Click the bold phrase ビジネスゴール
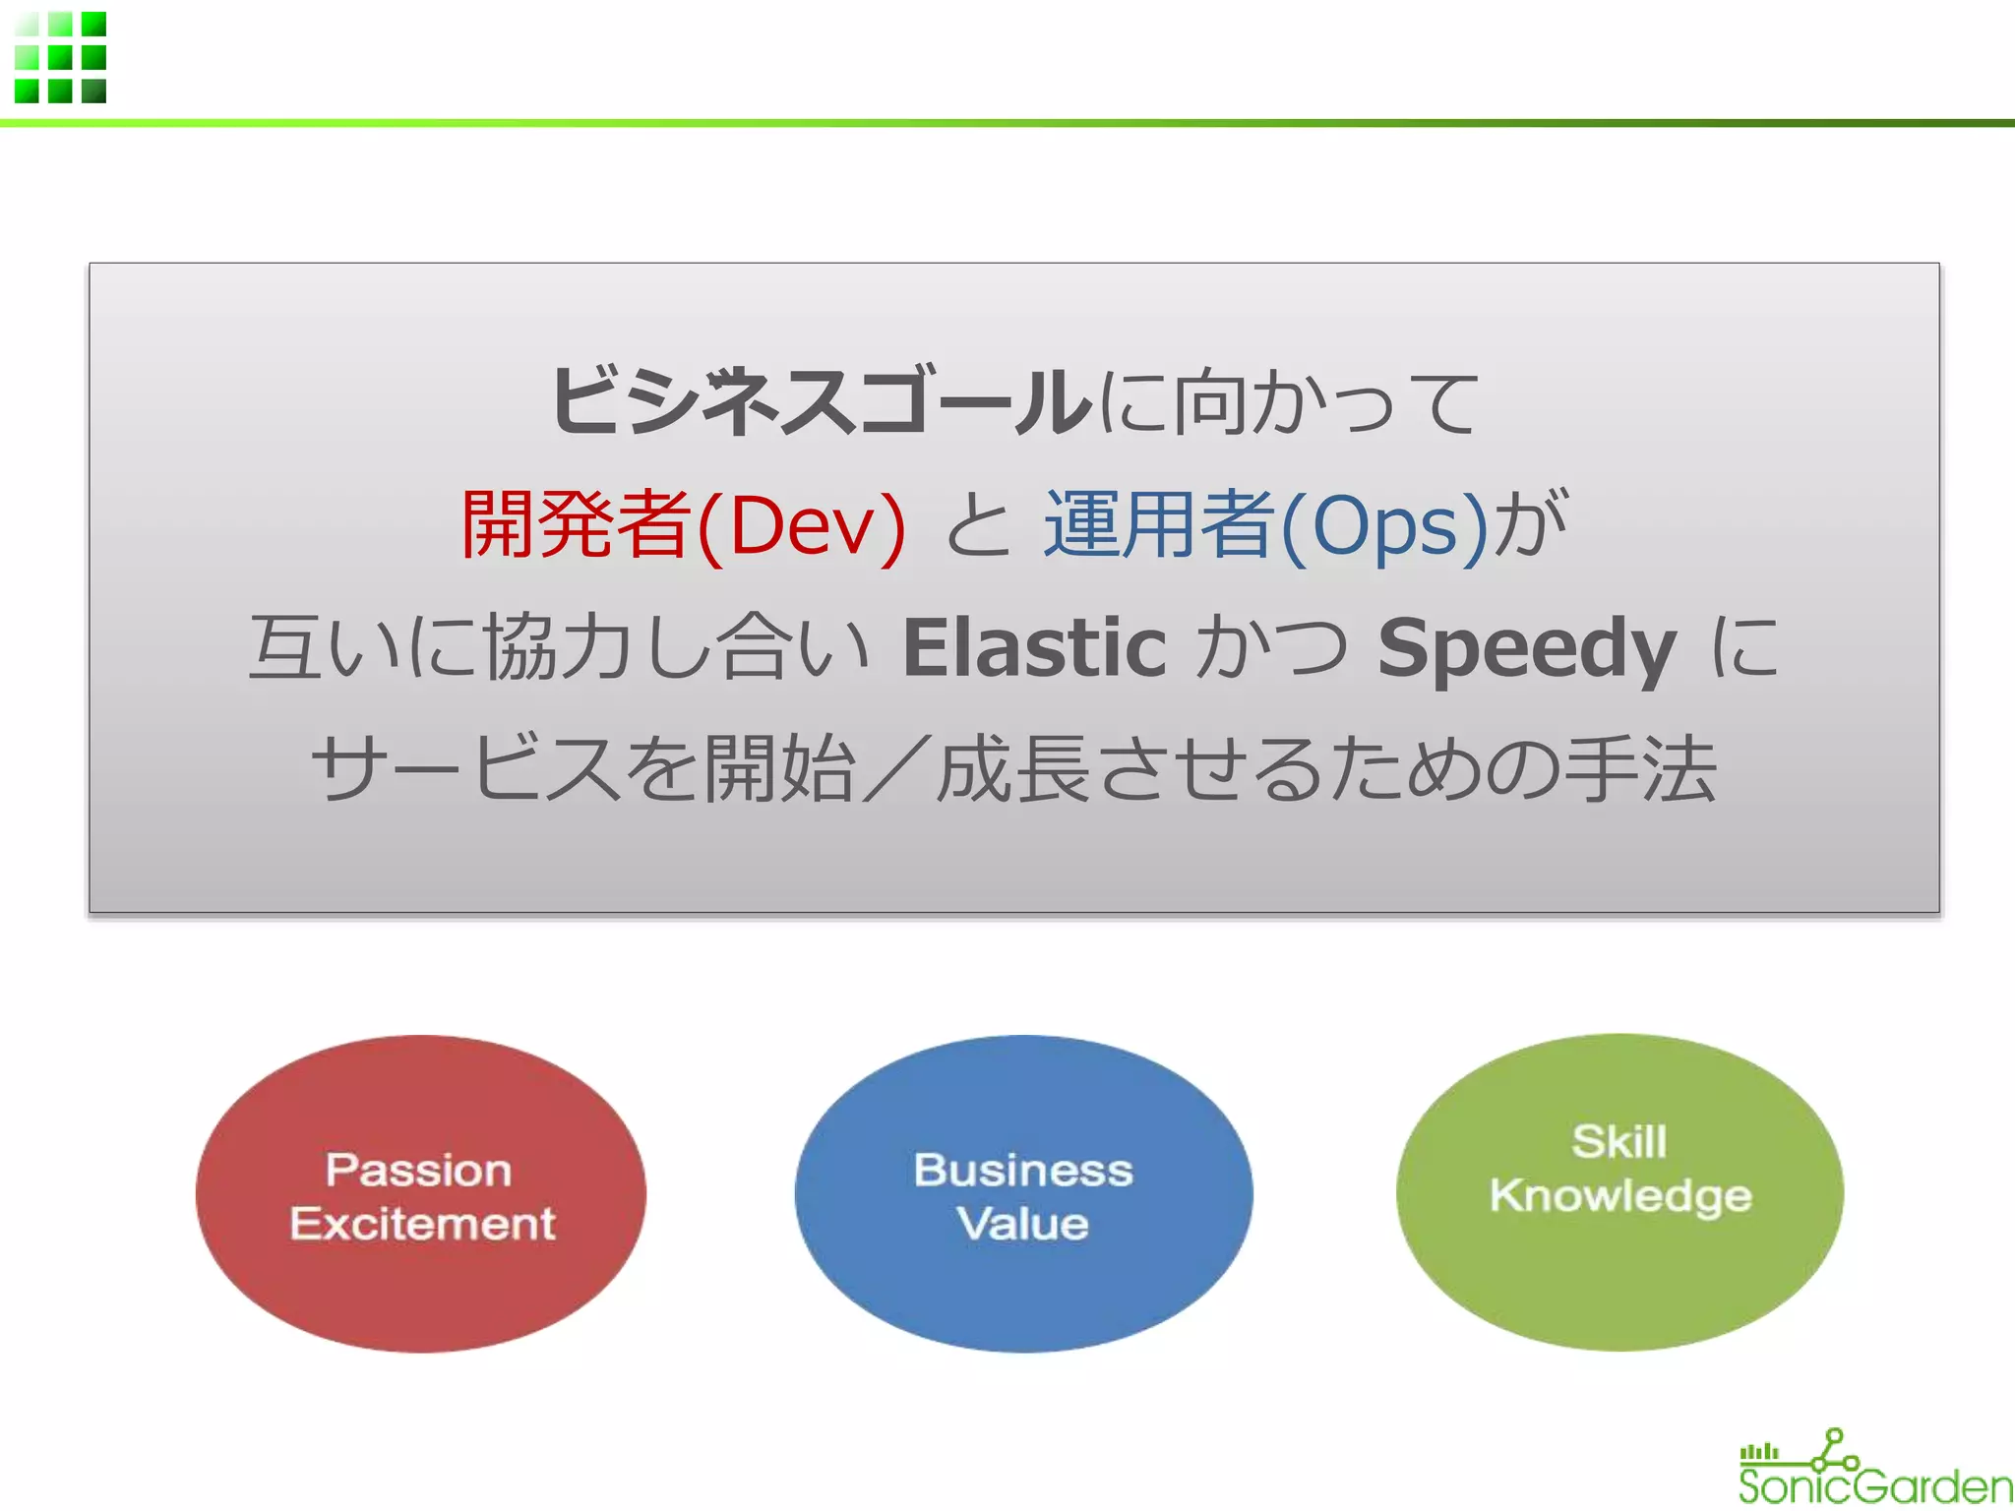tap(822, 401)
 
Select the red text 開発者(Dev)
tap(683, 524)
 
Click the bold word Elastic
tap(1034, 647)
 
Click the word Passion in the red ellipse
tap(419, 1170)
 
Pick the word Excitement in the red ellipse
tap(422, 1224)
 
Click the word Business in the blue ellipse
tap(1023, 1170)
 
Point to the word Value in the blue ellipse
tap(1023, 1224)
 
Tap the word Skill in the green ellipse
tap(1619, 1142)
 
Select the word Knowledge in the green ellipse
tap(1620, 1196)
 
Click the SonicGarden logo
tap(1874, 1470)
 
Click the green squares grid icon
tap(60, 57)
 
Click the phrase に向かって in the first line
tap(1289, 401)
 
